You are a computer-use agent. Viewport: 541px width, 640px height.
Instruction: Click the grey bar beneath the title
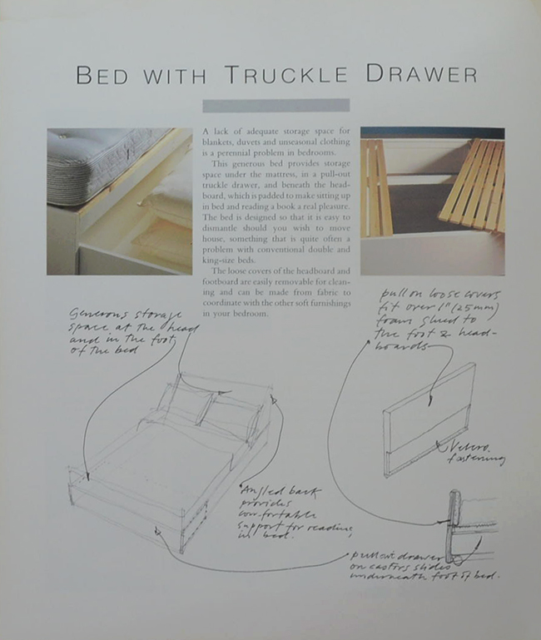pyautogui.click(x=275, y=106)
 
